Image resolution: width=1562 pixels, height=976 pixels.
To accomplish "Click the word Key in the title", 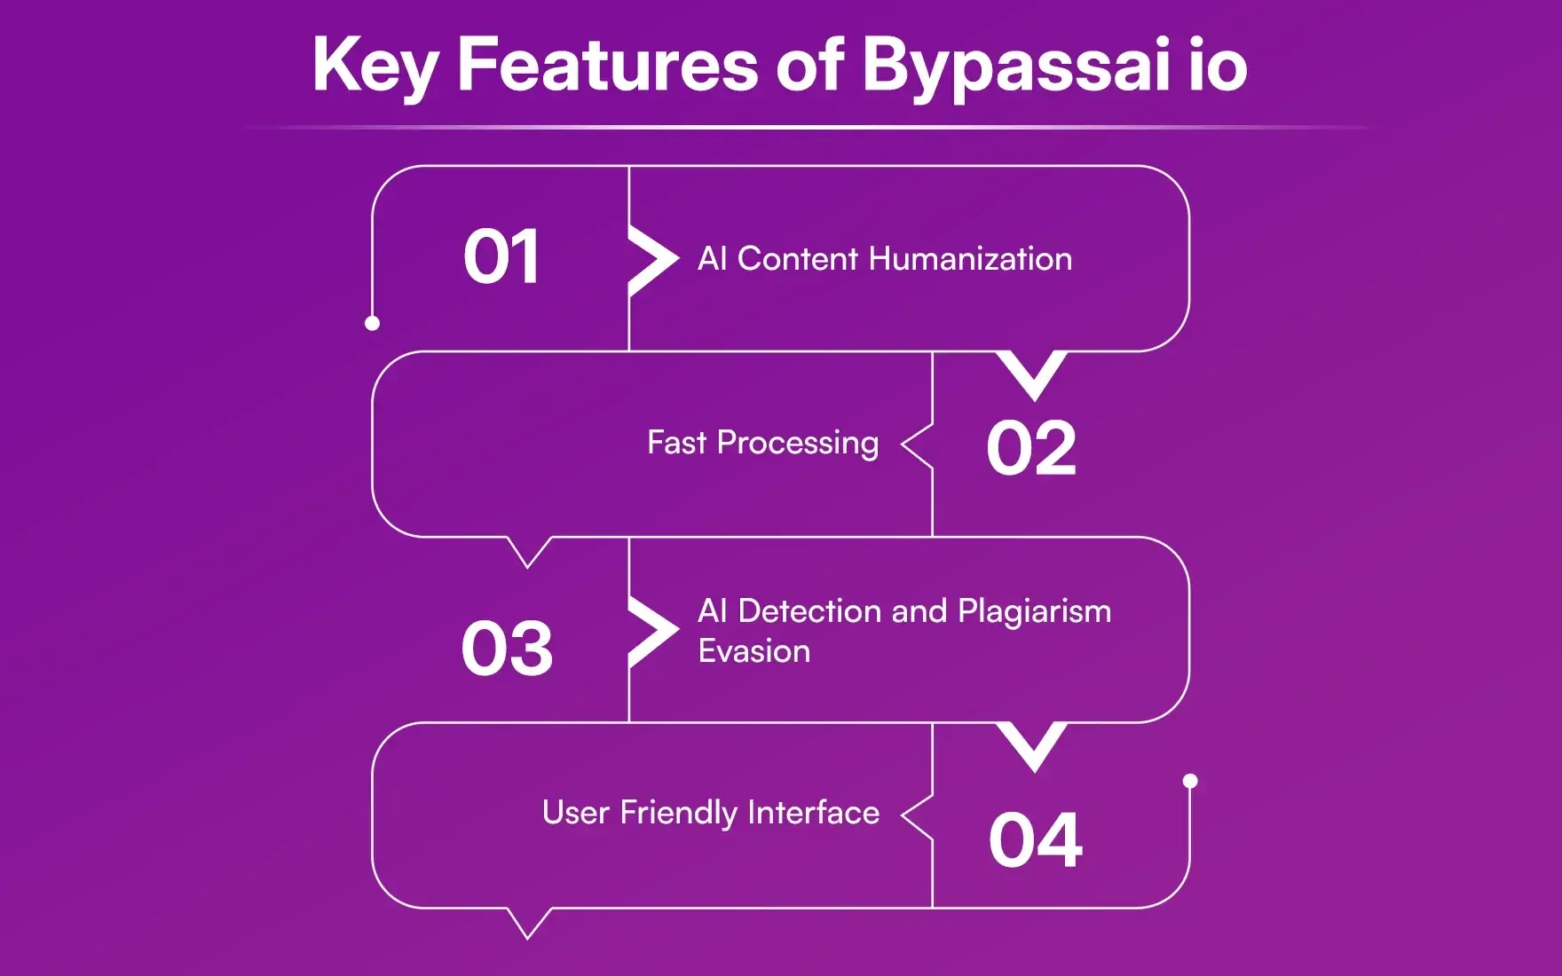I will pyautogui.click(x=375, y=66).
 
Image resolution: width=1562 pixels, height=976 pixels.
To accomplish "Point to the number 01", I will pyautogui.click(x=501, y=257).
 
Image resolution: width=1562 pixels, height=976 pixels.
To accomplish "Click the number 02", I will pyautogui.click(x=1031, y=449).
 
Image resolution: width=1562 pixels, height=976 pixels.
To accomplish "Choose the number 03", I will pyautogui.click(x=507, y=649).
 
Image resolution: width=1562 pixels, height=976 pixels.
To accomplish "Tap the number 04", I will pyautogui.click(x=1035, y=840).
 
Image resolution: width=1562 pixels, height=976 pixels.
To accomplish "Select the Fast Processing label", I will pyautogui.click(x=762, y=443).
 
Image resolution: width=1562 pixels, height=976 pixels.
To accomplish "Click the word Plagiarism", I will pyautogui.click(x=1034, y=611).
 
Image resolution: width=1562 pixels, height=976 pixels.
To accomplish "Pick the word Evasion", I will pyautogui.click(x=754, y=651).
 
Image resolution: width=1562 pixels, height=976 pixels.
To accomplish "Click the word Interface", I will pyautogui.click(x=813, y=813).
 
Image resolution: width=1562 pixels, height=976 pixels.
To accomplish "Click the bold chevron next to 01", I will pyautogui.click(x=653, y=260).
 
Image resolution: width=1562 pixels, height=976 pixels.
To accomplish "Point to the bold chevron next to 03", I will pyautogui.click(x=653, y=632).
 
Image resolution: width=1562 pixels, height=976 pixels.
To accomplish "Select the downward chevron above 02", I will pyautogui.click(x=1031, y=374).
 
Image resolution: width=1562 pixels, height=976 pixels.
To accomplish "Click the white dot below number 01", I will pyautogui.click(x=373, y=323).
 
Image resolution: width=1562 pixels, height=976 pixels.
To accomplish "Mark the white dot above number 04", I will pyautogui.click(x=1190, y=781).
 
